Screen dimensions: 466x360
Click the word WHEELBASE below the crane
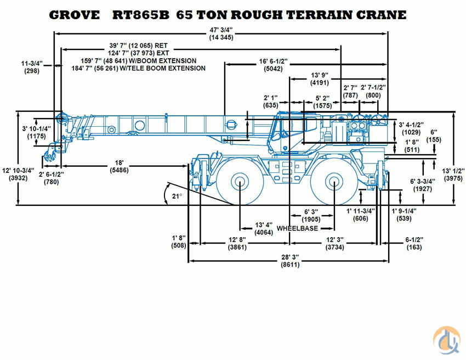tap(297, 228)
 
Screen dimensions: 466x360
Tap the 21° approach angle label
tap(177, 196)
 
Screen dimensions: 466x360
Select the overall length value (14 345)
tap(221, 37)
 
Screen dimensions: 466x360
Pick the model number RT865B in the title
tap(140, 15)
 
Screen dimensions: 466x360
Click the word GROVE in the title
tap(75, 15)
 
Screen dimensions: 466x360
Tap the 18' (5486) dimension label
tap(119, 166)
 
